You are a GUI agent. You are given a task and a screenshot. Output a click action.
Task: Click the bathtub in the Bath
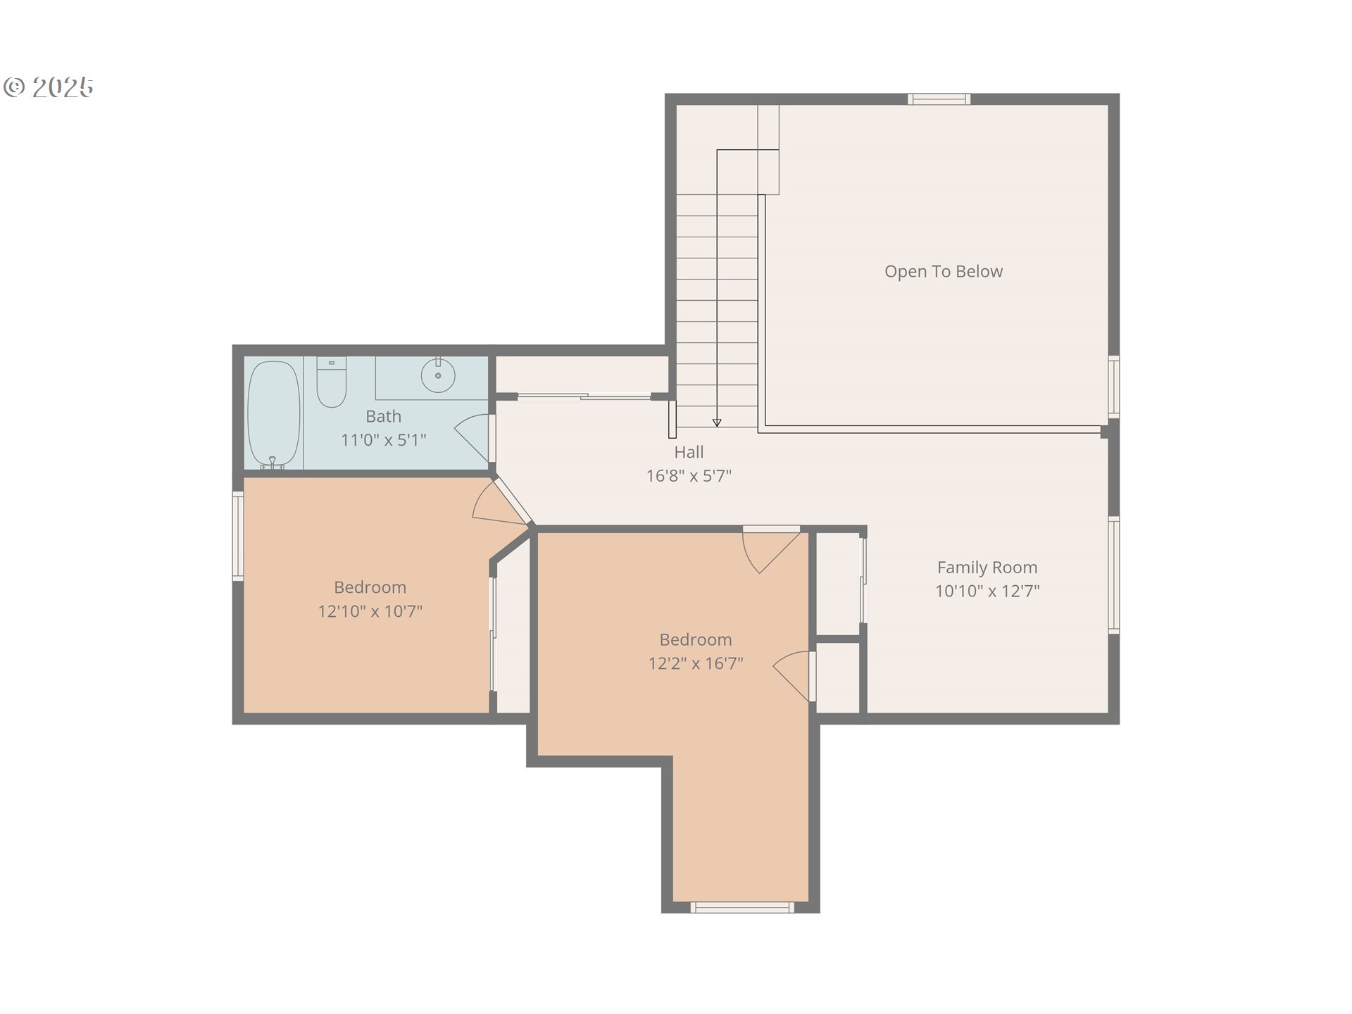pyautogui.click(x=274, y=414)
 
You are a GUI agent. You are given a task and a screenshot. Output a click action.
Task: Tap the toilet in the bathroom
pyautogui.click(x=331, y=382)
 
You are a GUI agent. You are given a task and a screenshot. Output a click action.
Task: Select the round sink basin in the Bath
pyautogui.click(x=438, y=375)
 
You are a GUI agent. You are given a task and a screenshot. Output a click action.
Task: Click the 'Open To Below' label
pyautogui.click(x=944, y=271)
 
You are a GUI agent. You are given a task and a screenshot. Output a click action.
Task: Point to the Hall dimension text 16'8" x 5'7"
pyautogui.click(x=689, y=476)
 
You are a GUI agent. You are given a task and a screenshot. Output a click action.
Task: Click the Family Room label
pyautogui.click(x=987, y=568)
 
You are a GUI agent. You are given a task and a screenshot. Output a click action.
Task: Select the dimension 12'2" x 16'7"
pyautogui.click(x=696, y=663)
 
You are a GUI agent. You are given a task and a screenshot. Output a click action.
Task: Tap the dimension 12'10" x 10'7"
pyautogui.click(x=370, y=611)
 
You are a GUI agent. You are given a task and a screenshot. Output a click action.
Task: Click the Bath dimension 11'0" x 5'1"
pyautogui.click(x=384, y=440)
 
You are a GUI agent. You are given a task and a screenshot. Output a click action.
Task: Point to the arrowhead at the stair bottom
pyautogui.click(x=717, y=423)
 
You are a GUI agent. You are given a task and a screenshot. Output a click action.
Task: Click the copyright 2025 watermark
pyautogui.click(x=49, y=87)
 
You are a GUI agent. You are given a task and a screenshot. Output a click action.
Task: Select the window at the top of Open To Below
pyautogui.click(x=939, y=99)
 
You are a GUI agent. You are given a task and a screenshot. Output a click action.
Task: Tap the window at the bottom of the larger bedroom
pyautogui.click(x=742, y=908)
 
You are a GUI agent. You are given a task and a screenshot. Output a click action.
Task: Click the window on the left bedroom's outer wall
pyautogui.click(x=238, y=536)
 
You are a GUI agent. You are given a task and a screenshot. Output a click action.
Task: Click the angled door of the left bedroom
pyautogui.click(x=512, y=501)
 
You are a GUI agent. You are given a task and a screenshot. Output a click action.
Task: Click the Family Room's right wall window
pyautogui.click(x=1114, y=575)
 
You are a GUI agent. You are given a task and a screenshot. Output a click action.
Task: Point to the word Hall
pyautogui.click(x=689, y=452)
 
